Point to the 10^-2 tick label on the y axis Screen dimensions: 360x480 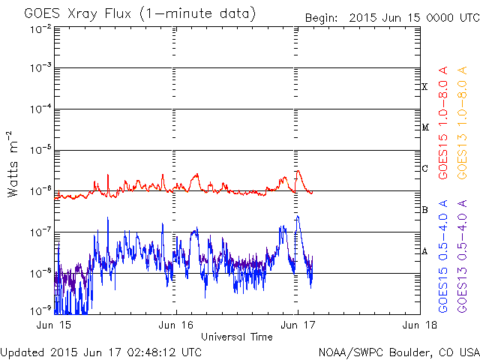(x=41, y=29)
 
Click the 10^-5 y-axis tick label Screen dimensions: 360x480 (x=41, y=149)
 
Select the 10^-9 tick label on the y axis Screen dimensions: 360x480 (x=41, y=309)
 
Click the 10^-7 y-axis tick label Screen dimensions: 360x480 (x=41, y=231)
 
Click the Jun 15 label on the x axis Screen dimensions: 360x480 (x=55, y=325)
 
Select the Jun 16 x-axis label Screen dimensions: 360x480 (x=176, y=325)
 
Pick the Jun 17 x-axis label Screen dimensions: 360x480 (x=297, y=325)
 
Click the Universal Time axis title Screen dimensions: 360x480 (x=236, y=337)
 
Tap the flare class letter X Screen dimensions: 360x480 (x=424, y=87)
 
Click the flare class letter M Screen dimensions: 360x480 (x=424, y=127)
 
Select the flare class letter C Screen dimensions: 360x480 (x=424, y=168)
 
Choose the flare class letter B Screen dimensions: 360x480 (x=424, y=209)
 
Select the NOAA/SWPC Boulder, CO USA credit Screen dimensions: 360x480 (x=397, y=352)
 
